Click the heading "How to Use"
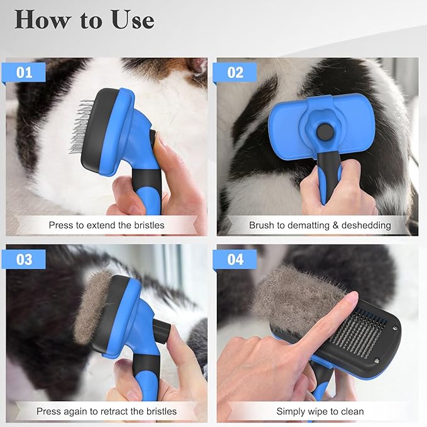[84, 19]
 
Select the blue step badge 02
[235, 72]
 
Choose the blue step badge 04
[235, 259]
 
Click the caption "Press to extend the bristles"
[106, 225]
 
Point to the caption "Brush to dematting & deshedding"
[319, 225]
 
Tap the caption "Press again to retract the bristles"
[106, 412]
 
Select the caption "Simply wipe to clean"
[319, 412]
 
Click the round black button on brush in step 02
[324, 133]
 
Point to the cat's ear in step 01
[192, 66]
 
